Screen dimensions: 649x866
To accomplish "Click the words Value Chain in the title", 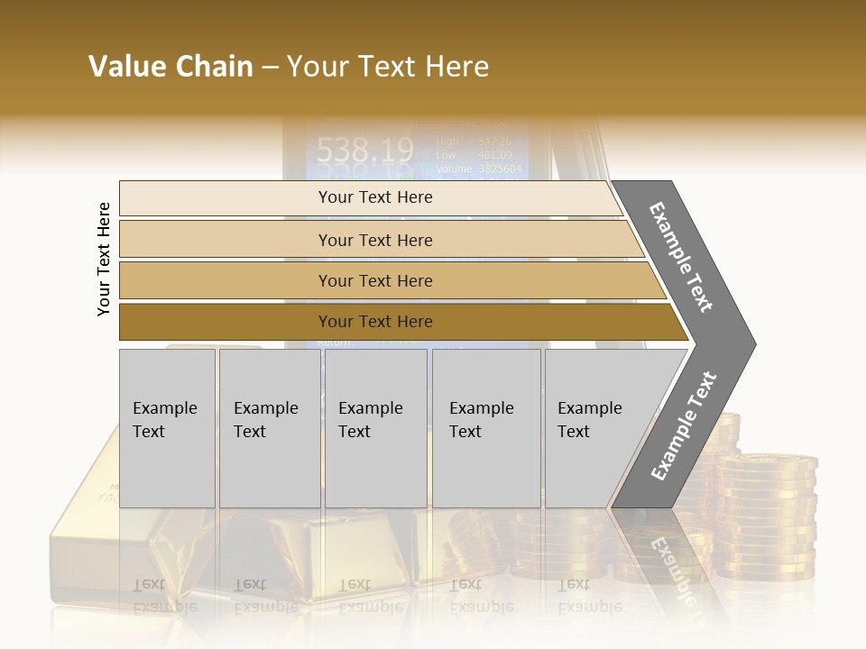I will point(170,67).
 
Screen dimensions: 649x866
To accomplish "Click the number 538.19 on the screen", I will point(360,149).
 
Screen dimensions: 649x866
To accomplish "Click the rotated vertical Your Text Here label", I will point(104,259).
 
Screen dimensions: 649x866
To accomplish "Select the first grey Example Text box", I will point(167,428).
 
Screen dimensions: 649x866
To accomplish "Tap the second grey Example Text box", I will point(269,428).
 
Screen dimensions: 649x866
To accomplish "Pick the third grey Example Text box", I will point(375,428).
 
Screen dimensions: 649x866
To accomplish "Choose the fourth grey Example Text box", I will point(485,428).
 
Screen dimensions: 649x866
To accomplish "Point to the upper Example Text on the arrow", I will point(681,257).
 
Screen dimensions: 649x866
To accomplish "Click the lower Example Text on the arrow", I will point(683,426).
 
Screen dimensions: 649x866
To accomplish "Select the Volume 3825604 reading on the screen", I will point(478,169).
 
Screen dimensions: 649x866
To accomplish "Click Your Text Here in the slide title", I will point(388,67).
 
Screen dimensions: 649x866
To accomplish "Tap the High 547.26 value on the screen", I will point(474,142).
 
